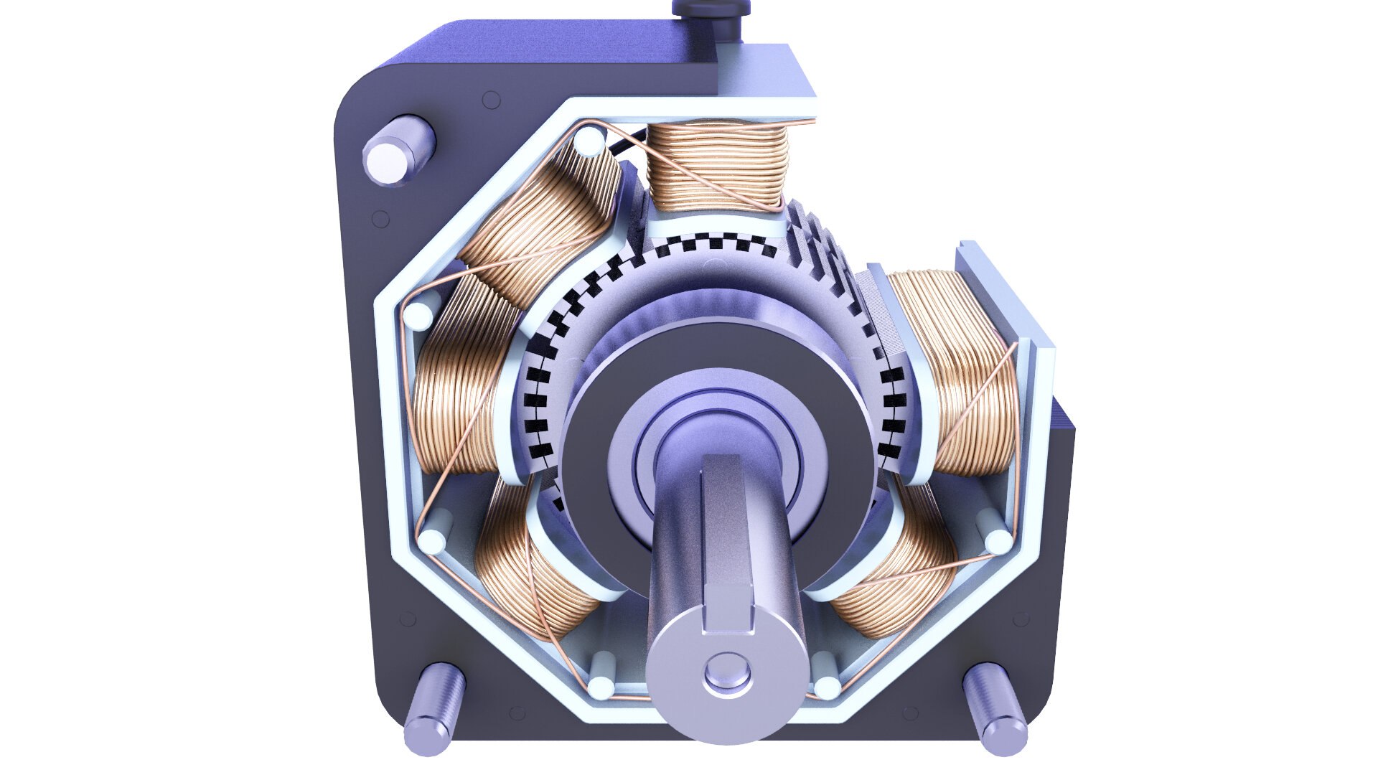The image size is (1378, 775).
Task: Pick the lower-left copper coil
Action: pyautogui.click(x=531, y=567)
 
